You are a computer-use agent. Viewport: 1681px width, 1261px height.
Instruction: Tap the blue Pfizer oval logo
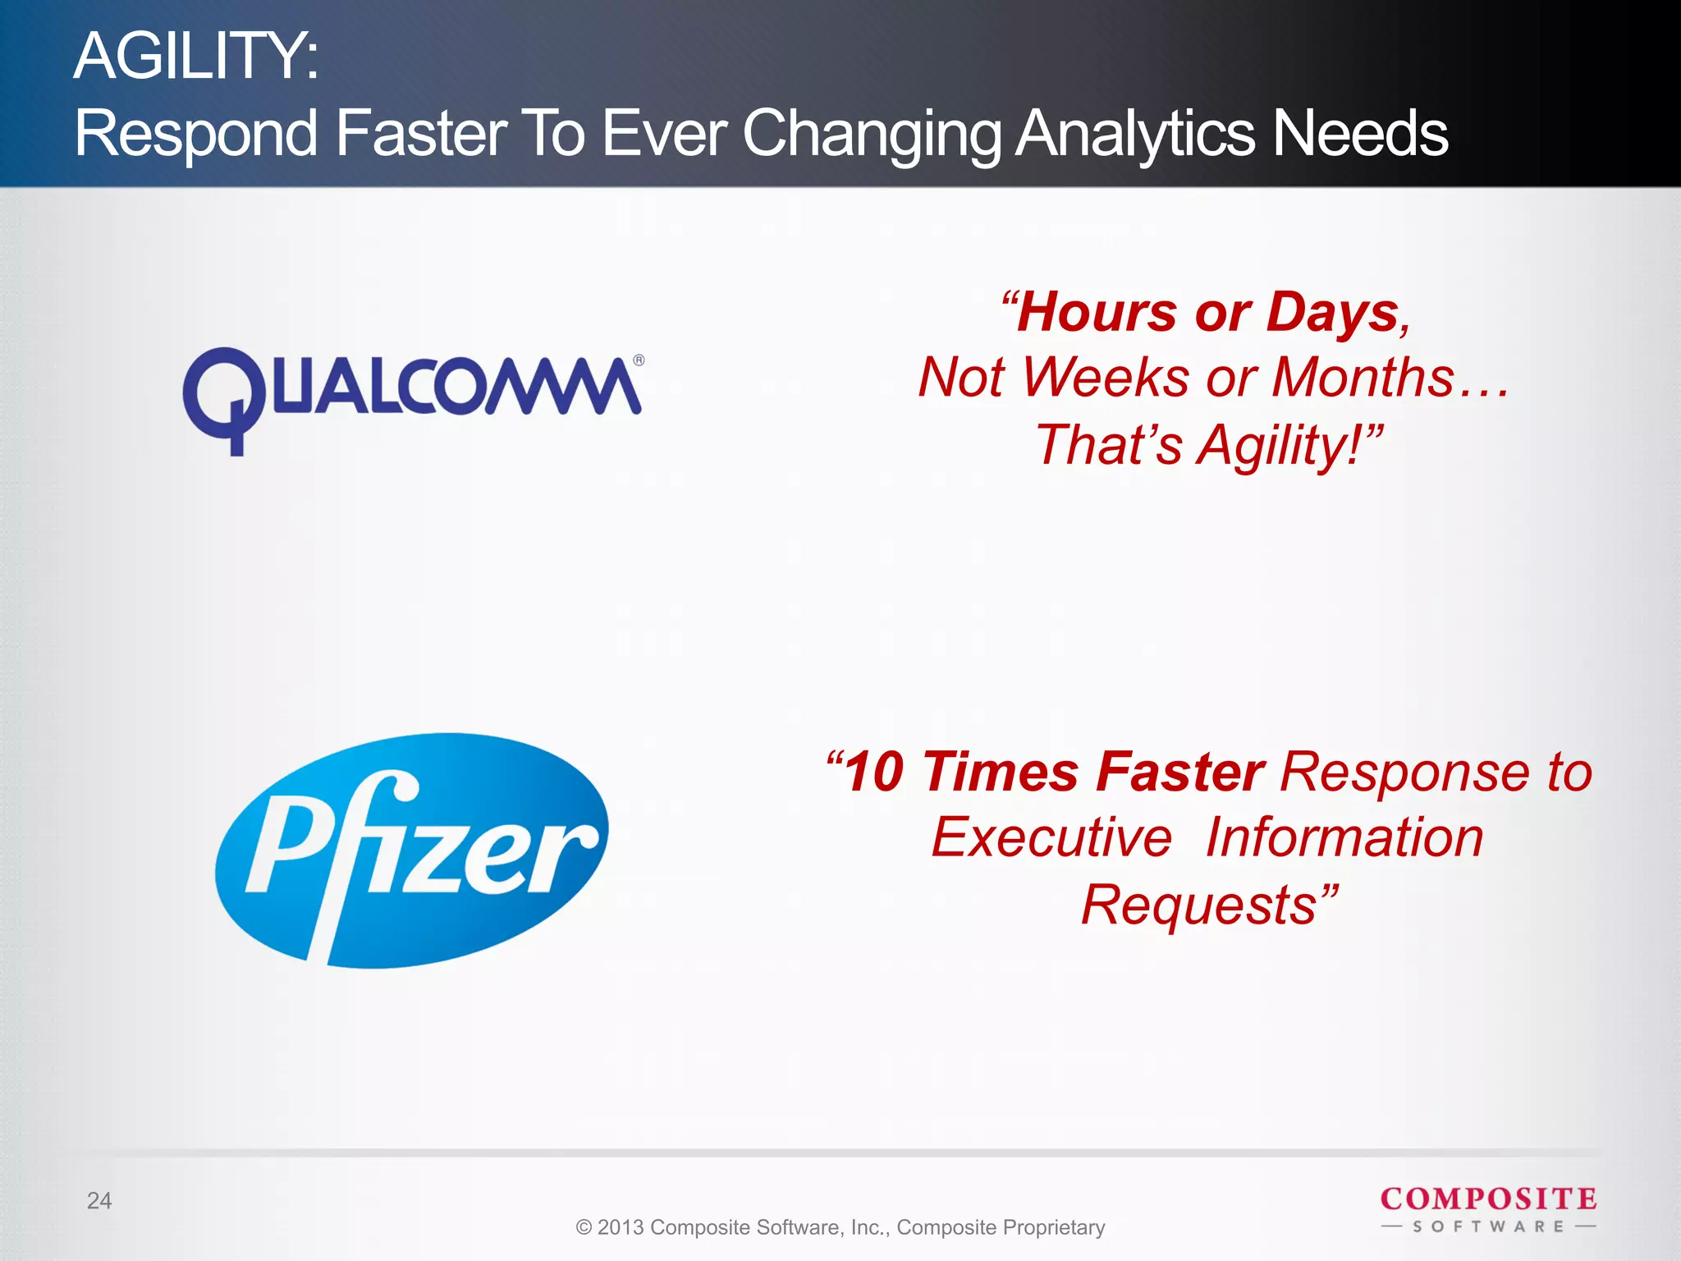click(x=412, y=851)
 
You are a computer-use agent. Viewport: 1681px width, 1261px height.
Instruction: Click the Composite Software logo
click(x=1488, y=1208)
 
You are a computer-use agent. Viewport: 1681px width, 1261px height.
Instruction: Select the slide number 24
click(x=99, y=1200)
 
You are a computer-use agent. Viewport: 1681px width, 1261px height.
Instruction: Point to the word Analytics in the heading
click(x=1134, y=133)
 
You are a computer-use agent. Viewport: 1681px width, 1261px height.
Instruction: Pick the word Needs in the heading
click(x=1359, y=133)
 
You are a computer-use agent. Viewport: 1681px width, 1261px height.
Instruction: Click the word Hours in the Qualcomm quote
click(x=1097, y=313)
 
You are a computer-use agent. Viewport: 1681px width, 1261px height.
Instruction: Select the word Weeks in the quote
click(x=1106, y=378)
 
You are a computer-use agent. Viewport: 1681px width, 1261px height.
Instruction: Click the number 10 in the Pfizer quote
click(x=873, y=773)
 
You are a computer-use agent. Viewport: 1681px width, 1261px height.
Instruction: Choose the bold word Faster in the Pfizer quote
click(x=1180, y=773)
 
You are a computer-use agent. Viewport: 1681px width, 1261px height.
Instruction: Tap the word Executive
click(x=1051, y=838)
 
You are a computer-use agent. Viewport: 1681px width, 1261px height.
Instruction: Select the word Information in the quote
click(x=1344, y=838)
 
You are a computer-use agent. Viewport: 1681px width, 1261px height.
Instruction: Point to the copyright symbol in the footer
click(x=584, y=1227)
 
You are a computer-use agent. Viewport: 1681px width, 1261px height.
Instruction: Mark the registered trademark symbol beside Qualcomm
click(x=639, y=360)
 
